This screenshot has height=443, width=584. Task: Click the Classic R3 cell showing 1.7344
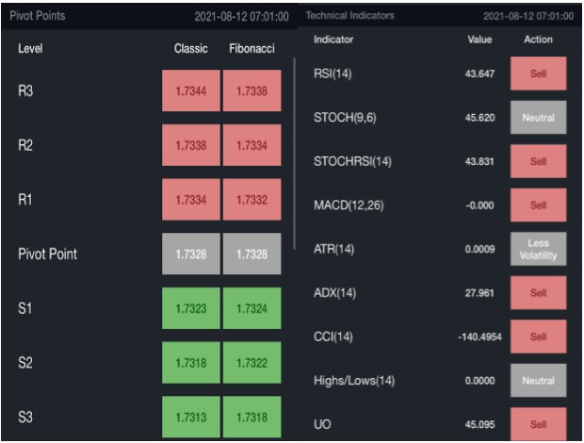(190, 90)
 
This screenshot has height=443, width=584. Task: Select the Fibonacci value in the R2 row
(251, 145)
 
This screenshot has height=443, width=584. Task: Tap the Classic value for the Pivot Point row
(190, 254)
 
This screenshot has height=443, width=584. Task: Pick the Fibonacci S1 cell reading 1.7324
(251, 308)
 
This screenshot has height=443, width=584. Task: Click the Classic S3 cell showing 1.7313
(190, 417)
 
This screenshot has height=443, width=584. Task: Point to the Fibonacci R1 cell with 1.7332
(251, 200)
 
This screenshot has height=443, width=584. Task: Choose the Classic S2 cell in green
(190, 363)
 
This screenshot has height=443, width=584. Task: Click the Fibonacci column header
(251, 48)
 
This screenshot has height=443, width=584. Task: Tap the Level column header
(30, 48)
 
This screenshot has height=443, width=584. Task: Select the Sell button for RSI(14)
(538, 74)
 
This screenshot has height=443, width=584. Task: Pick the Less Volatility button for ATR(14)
(538, 250)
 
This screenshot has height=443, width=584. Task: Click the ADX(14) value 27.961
(479, 293)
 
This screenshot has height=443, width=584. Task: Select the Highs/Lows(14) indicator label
(353, 381)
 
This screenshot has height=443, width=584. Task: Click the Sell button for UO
(538, 424)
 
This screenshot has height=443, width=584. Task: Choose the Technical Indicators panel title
(350, 16)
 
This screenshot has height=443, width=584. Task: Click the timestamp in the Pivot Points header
(241, 17)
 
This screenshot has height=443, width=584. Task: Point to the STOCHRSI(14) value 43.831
(479, 161)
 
